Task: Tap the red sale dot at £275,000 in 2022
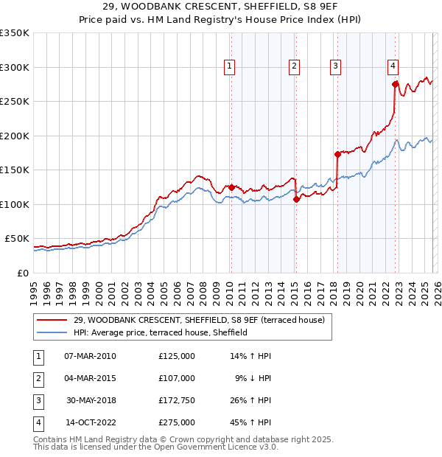pyautogui.click(x=396, y=84)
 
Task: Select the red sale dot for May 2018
pyautogui.click(x=338, y=154)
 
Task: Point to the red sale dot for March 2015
pyautogui.click(x=295, y=199)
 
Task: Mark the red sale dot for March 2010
pyautogui.click(x=231, y=187)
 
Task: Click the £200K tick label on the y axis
pyautogui.click(x=15, y=136)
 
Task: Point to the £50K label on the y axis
pyautogui.click(x=17, y=239)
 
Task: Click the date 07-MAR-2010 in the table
pyautogui.click(x=90, y=356)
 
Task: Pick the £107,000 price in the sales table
pyautogui.click(x=176, y=378)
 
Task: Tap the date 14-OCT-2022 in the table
pyautogui.click(x=90, y=422)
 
